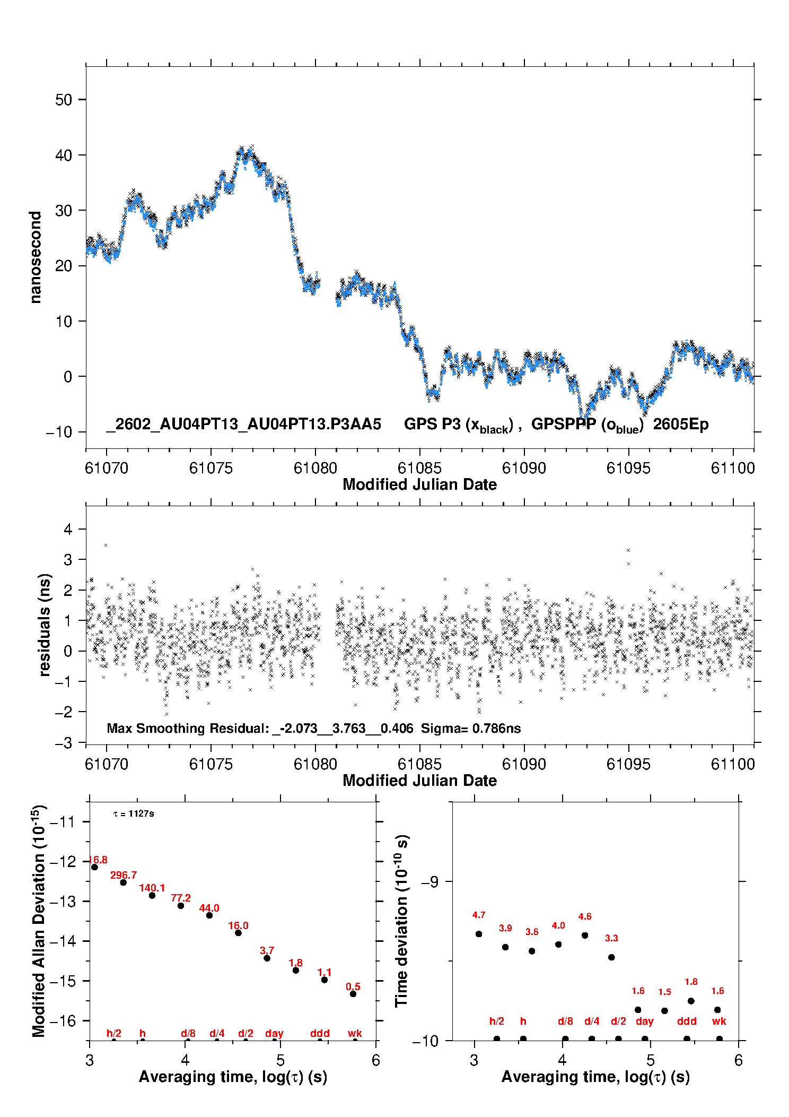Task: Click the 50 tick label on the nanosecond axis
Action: tap(64, 100)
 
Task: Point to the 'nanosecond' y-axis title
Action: tap(36, 257)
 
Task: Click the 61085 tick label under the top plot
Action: tap(419, 468)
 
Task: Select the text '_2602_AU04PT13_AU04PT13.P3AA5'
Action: tap(243, 424)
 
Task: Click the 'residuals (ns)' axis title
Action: tap(46, 625)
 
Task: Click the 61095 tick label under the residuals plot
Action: tap(628, 764)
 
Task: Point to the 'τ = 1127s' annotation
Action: tap(134, 813)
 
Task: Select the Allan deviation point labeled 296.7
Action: tap(124, 882)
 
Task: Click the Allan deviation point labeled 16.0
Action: tap(238, 933)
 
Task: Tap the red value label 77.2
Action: tap(181, 898)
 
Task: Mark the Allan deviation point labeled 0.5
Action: tap(353, 994)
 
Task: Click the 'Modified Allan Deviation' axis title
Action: tap(39, 921)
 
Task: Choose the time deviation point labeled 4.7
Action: tap(479, 934)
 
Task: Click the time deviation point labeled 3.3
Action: tap(611, 957)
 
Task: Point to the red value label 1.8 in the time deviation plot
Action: tap(691, 982)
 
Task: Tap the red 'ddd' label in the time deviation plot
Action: tap(687, 1021)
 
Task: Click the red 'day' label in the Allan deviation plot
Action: tap(274, 1033)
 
